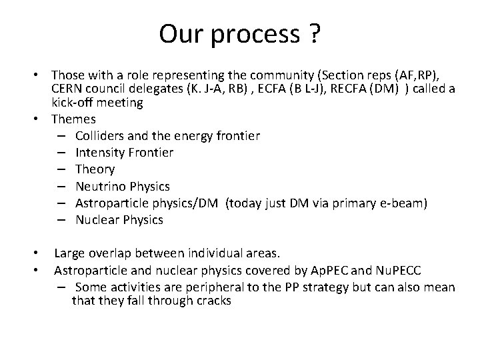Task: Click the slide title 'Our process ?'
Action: tap(239, 34)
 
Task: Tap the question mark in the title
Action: tap(313, 34)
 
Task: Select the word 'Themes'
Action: tap(73, 119)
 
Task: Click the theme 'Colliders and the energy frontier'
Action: tap(167, 136)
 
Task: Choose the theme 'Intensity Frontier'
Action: tap(124, 153)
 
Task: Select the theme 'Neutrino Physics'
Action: tap(123, 186)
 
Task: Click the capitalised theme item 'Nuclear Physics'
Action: tap(119, 219)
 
